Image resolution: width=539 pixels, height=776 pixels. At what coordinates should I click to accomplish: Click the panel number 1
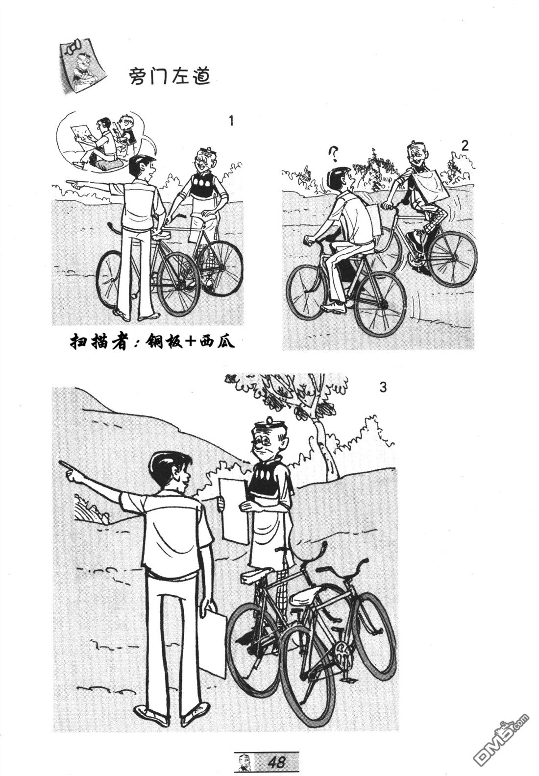pos(232,121)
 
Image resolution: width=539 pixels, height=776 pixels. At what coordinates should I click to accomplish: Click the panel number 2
pos(465,146)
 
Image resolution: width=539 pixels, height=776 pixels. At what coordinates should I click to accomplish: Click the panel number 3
pos(383,388)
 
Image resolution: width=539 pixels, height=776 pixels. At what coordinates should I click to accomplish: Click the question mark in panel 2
pos(334,154)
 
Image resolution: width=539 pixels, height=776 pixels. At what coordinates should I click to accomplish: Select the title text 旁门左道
pos(170,76)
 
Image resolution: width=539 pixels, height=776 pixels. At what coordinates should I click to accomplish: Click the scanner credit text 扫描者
pos(98,341)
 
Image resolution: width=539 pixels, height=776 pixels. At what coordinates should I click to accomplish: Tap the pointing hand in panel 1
pos(74,184)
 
